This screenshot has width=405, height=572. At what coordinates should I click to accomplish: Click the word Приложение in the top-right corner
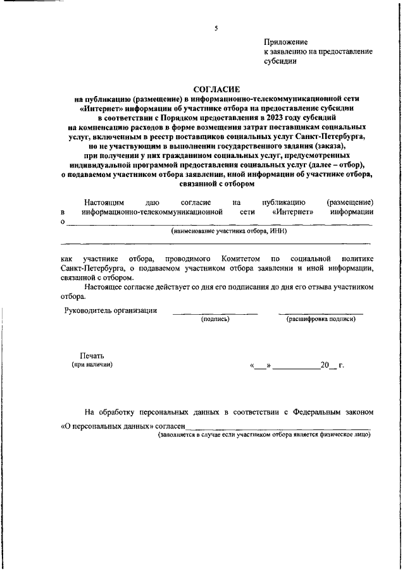click(285, 40)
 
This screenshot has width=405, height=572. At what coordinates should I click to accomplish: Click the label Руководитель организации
click(111, 310)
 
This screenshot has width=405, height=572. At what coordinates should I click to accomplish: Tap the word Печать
click(91, 356)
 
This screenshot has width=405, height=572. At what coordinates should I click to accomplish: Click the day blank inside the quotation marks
click(261, 366)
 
